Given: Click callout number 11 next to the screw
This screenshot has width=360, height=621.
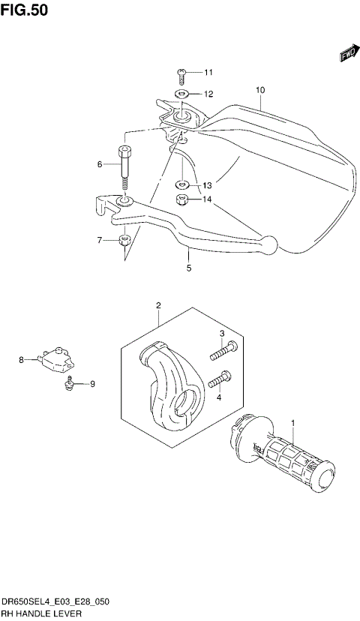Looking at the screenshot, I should point(208,73).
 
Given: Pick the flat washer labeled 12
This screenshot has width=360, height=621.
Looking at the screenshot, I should point(181,94).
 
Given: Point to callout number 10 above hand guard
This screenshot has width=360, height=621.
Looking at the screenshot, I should point(260,90).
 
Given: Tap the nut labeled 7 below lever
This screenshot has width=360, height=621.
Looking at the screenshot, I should point(124,241).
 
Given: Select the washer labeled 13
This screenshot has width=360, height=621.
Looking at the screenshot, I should point(181,184).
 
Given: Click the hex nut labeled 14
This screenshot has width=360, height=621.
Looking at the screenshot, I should point(181,199).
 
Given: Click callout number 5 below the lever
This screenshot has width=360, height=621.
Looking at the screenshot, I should point(189,268).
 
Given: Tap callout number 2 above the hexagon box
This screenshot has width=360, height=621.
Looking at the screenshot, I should point(159,305).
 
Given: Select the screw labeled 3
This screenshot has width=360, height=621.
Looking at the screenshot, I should point(224,348).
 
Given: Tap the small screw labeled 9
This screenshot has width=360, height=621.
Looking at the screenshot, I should point(68,385).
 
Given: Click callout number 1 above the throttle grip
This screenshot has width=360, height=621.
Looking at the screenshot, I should point(293,422).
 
